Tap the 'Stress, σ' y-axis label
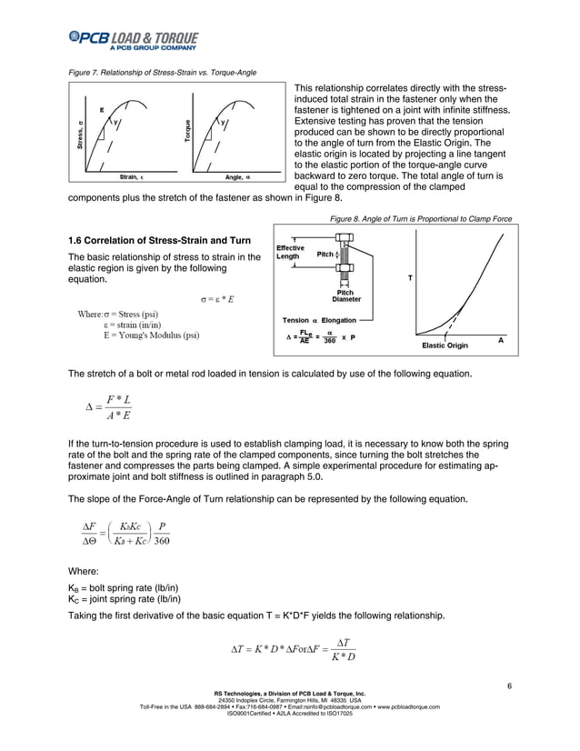pos(82,136)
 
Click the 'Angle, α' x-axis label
pos(239,176)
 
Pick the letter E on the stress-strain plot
pos(102,110)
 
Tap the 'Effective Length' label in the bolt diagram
pos(290,252)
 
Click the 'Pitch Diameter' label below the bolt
pos(345,295)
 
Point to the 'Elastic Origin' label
pos(445,345)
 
